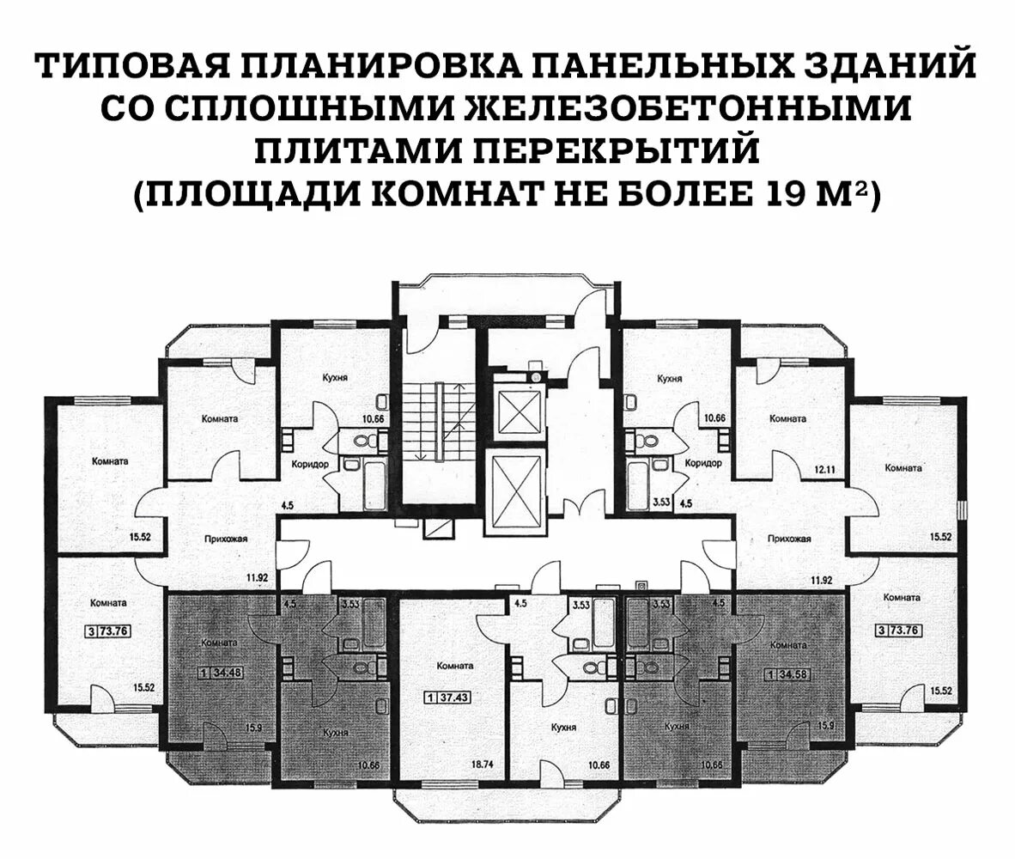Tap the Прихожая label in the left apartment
click(x=227, y=539)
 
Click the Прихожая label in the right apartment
click(x=791, y=539)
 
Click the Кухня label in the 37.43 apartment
click(x=562, y=727)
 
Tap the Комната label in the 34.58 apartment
click(x=787, y=643)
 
